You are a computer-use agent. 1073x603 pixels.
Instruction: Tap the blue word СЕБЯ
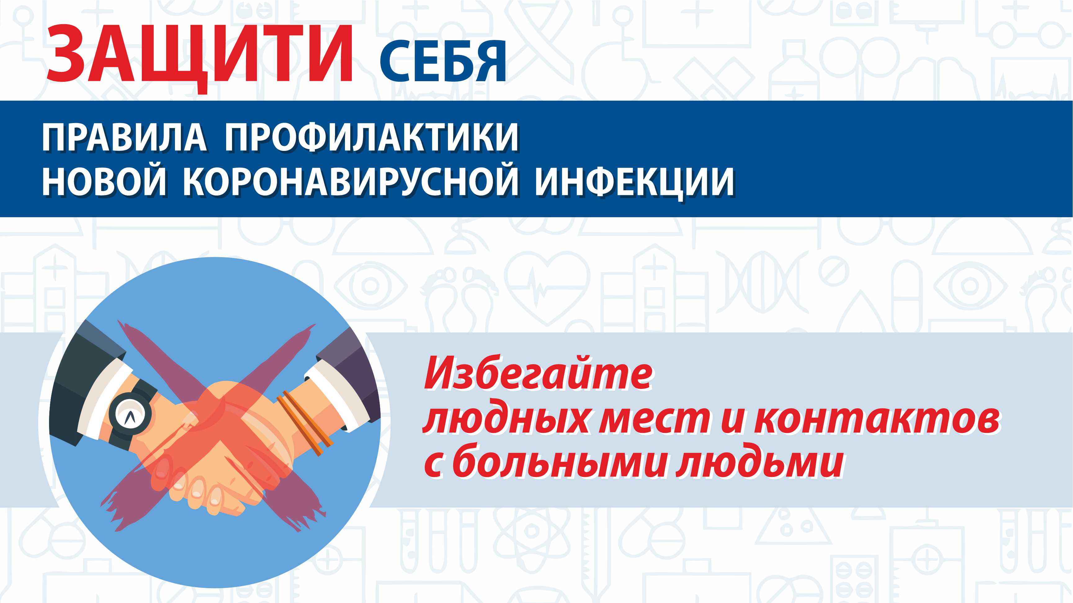[443, 62]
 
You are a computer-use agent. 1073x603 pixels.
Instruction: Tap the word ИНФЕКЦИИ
[634, 183]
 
